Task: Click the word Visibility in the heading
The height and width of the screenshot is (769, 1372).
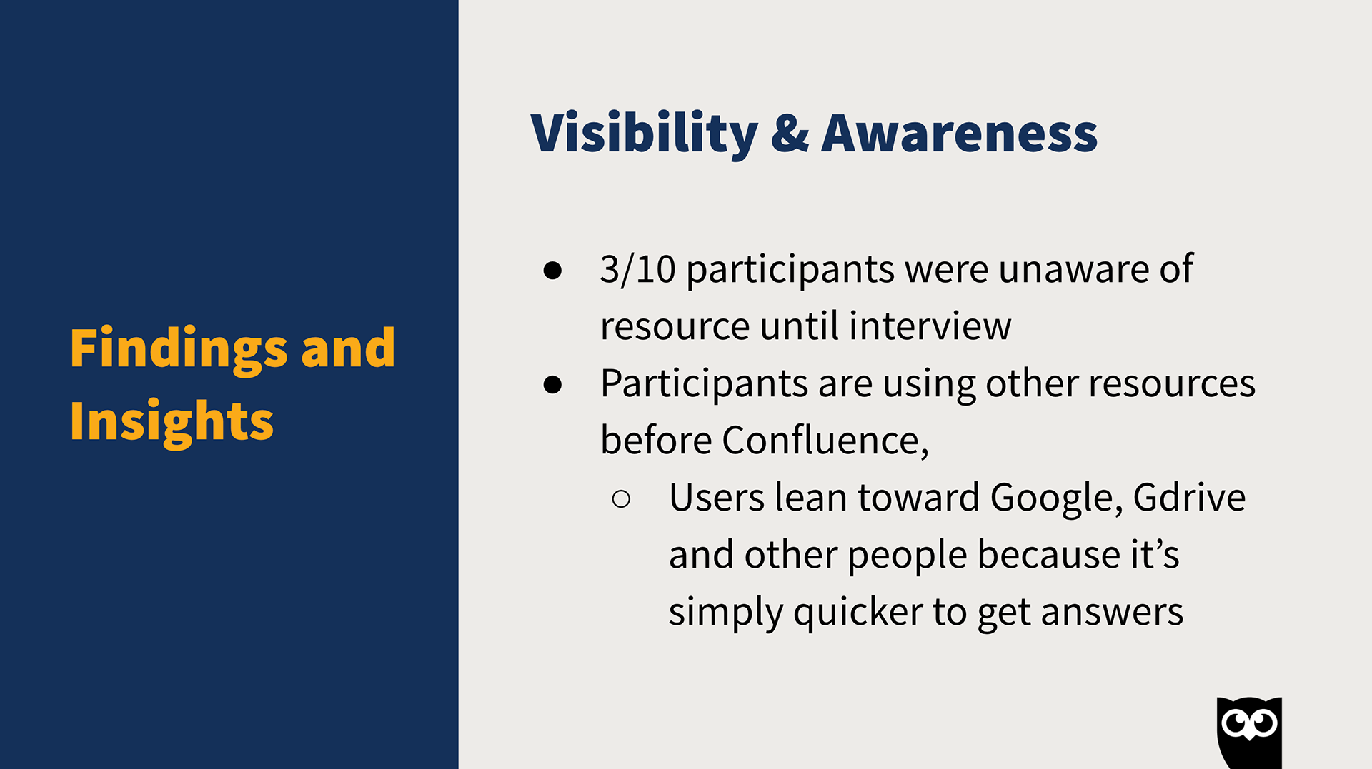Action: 644,134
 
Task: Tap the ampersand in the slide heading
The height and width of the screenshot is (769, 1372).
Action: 790,134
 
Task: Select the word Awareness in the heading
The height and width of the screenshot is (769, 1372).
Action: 959,134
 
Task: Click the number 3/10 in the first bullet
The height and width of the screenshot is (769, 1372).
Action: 637,269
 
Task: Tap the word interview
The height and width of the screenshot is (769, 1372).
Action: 930,326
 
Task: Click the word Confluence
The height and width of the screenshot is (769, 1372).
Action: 825,440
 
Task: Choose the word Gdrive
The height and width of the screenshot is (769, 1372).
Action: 1189,497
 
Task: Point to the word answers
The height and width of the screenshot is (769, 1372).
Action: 1112,613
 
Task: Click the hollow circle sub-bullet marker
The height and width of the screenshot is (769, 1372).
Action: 621,498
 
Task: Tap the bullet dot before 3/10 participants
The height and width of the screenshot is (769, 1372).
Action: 552,270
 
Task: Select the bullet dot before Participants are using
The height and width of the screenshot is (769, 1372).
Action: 552,384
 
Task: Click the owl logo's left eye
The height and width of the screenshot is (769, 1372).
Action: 1236,724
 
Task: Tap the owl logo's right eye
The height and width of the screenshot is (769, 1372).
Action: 1264,724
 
